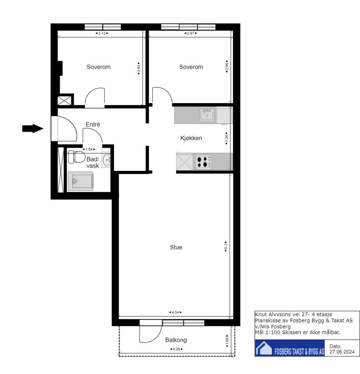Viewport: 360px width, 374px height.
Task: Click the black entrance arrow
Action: point(33,129)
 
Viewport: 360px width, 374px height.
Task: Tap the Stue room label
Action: point(176,247)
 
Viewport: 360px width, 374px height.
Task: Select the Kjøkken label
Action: point(191,138)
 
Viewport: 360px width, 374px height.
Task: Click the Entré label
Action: point(93,124)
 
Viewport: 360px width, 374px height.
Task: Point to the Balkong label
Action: point(176,340)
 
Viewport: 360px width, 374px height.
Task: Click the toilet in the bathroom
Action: point(76,157)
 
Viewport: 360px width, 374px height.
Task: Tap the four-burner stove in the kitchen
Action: point(203,162)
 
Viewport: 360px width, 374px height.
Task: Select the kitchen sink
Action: point(207,115)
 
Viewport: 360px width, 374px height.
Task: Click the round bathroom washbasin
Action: point(106,159)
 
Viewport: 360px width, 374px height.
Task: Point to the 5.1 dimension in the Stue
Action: point(226,246)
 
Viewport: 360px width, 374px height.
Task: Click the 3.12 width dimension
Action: point(102,33)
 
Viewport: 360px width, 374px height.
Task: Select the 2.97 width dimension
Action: point(191,33)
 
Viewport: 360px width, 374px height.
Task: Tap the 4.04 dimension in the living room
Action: point(175,312)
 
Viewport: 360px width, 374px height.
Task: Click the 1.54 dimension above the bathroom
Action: point(89,149)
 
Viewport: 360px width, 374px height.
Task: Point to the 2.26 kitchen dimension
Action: point(226,138)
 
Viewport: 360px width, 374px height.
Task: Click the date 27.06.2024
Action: point(342,352)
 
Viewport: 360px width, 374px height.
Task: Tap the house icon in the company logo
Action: point(264,348)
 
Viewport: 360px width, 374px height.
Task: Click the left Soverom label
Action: point(99,67)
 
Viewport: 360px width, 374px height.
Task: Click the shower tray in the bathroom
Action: point(80,181)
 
